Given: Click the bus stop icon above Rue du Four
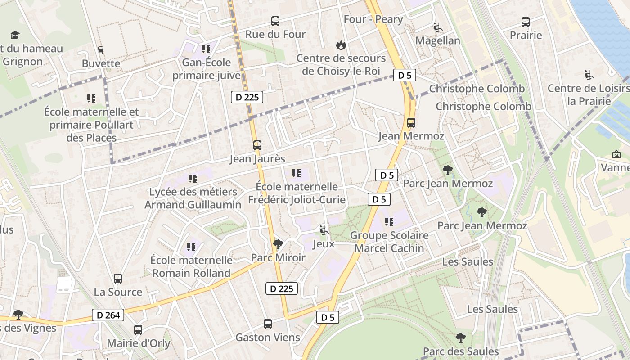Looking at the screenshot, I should click(x=275, y=21).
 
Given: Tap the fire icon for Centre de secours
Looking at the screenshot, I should click(x=341, y=45).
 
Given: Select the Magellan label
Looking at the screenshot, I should click(x=437, y=40).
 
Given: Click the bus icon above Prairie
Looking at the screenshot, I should click(x=525, y=22).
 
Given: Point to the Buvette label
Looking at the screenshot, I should click(x=101, y=63).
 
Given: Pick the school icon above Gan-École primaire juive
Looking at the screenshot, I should click(x=206, y=49).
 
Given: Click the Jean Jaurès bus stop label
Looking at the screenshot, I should click(x=257, y=159).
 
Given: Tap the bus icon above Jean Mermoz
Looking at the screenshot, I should click(x=411, y=122).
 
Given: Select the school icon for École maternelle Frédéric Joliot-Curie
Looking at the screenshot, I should click(x=296, y=173).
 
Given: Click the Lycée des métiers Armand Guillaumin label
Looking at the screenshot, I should click(x=193, y=198).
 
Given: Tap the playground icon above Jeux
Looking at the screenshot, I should click(x=323, y=230).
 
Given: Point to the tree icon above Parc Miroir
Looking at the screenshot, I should click(x=278, y=244).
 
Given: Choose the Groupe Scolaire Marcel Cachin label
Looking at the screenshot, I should click(x=389, y=242).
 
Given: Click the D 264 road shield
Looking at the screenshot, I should click(x=108, y=315).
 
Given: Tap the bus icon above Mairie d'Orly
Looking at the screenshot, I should click(x=138, y=330).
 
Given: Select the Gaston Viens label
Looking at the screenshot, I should click(x=268, y=337).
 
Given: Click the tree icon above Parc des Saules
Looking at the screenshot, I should click(x=460, y=338).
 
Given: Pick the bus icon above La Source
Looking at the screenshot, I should click(x=118, y=278).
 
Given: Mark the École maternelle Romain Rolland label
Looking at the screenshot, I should click(x=191, y=266).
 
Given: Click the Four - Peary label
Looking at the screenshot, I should click(x=373, y=19).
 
